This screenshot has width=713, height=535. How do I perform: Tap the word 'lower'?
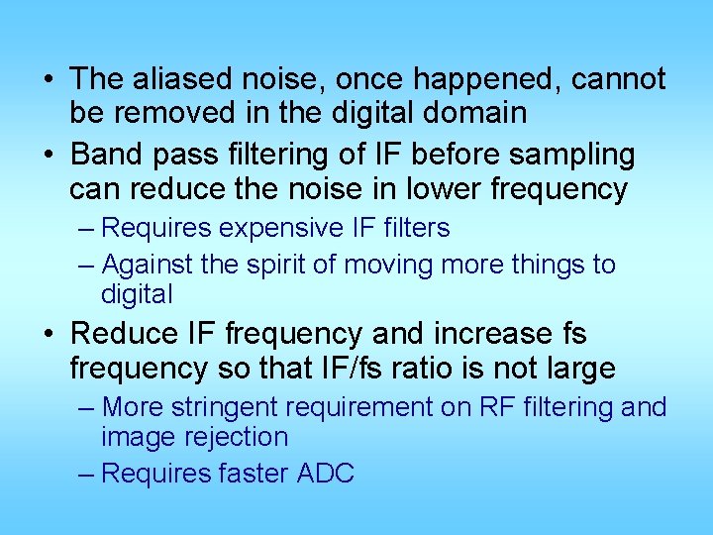pos(445,189)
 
